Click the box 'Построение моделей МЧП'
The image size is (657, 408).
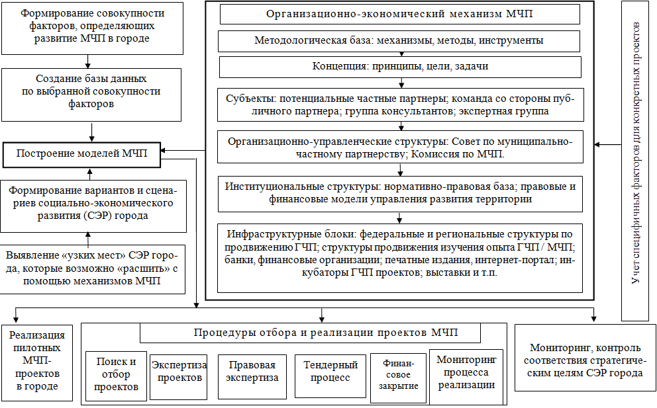[82, 155]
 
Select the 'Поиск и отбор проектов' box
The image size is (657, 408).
[117, 374]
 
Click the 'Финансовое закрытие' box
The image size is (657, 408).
[399, 374]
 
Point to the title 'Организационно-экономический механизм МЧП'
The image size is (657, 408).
[399, 14]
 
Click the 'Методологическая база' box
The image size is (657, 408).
[399, 40]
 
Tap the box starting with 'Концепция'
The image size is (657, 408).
[399, 67]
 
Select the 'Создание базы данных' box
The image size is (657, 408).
[91, 91]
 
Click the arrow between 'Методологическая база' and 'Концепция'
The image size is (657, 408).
[401, 54]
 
